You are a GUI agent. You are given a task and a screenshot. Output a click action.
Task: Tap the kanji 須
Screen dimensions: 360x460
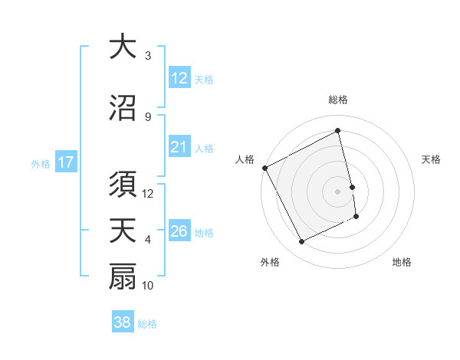click(123, 184)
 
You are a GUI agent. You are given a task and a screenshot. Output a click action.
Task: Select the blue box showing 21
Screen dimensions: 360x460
click(179, 147)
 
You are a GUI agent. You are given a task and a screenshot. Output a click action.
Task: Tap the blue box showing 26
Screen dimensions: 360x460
click(179, 231)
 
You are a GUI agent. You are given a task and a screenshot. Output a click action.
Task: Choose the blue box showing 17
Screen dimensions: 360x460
click(65, 162)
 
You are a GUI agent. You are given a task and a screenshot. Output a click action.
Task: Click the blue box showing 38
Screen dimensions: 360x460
click(123, 323)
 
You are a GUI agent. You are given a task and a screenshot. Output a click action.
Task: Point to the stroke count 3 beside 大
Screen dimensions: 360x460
click(148, 56)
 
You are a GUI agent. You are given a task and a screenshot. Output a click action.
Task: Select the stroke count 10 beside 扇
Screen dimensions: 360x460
click(148, 286)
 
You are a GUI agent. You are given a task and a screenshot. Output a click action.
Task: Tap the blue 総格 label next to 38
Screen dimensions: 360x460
click(147, 324)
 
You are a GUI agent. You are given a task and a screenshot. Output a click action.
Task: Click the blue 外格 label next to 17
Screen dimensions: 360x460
click(41, 163)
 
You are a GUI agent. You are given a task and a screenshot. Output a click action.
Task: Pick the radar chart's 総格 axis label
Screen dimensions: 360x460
click(337, 100)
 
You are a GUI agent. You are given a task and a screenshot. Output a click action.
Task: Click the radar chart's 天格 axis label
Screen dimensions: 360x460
click(432, 159)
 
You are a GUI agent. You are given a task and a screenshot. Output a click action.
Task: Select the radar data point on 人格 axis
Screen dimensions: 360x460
click(264, 168)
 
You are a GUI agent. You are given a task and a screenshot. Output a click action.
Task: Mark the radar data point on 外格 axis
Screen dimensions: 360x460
click(301, 242)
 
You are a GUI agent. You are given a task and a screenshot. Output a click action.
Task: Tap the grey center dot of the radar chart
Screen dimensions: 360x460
click(337, 191)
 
